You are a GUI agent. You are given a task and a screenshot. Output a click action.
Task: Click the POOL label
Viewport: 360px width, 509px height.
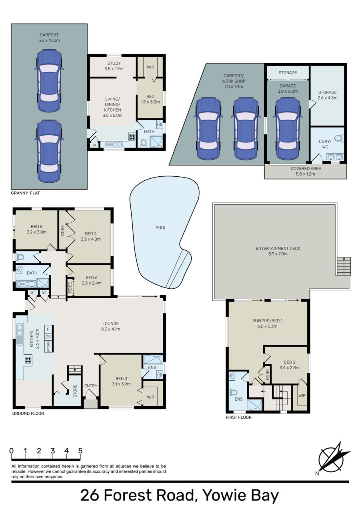[161, 228]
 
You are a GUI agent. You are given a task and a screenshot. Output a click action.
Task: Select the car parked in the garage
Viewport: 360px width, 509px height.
[288, 128]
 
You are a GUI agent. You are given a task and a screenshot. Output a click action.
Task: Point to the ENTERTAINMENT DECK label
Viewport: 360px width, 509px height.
[278, 248]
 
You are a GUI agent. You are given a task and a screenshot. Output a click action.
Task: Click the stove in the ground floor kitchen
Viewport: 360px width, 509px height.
[28, 360]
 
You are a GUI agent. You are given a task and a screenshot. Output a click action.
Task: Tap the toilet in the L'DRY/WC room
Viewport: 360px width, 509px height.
[339, 138]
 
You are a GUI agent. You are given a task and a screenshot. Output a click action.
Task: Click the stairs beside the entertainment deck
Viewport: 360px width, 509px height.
[344, 266]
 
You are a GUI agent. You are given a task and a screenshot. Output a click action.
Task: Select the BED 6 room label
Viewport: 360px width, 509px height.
[92, 277]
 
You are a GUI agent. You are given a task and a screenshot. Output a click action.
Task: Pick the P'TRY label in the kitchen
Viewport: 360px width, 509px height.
[48, 346]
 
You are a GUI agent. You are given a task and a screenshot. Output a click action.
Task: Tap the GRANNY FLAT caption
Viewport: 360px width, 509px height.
[25, 193]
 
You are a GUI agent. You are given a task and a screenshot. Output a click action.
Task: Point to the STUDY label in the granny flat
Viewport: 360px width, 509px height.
[114, 63]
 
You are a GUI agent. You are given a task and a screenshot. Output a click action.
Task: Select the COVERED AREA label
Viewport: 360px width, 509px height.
[306, 168]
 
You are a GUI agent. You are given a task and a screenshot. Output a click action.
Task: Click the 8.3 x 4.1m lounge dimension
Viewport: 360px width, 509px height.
[111, 329]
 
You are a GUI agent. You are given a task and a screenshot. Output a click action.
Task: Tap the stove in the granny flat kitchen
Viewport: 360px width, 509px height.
[132, 137]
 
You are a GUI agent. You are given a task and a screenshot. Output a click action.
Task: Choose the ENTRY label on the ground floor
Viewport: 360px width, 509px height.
[91, 385]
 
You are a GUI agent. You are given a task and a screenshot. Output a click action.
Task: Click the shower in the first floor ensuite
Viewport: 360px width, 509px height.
[254, 405]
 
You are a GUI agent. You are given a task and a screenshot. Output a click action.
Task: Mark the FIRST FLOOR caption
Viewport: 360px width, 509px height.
[239, 417]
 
